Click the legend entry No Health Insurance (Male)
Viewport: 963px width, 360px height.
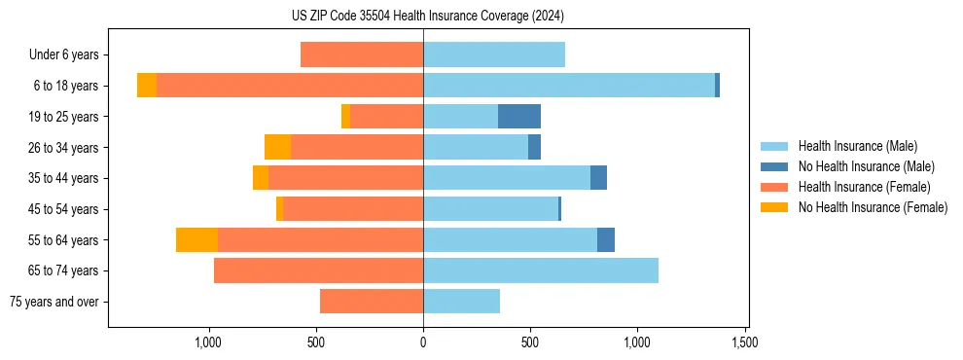866,166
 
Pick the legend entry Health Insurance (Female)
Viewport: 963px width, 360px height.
864,187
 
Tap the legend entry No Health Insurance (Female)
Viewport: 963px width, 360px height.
873,207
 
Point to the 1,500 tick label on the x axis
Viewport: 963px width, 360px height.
745,343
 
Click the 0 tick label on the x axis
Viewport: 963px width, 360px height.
423,343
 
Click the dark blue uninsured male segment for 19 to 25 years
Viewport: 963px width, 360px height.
519,117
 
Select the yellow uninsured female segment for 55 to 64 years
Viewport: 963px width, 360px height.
196,239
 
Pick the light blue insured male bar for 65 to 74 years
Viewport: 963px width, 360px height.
541,270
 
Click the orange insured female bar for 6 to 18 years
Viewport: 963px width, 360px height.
290,86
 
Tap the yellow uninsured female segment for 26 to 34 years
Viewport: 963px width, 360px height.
277,147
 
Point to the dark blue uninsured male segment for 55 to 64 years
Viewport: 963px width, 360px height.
606,239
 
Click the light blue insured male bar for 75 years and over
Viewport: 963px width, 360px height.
461,302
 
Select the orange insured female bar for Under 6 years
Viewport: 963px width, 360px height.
362,55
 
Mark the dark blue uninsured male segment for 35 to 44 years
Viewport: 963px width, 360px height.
598,178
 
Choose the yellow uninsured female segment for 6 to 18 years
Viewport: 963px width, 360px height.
147,86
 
